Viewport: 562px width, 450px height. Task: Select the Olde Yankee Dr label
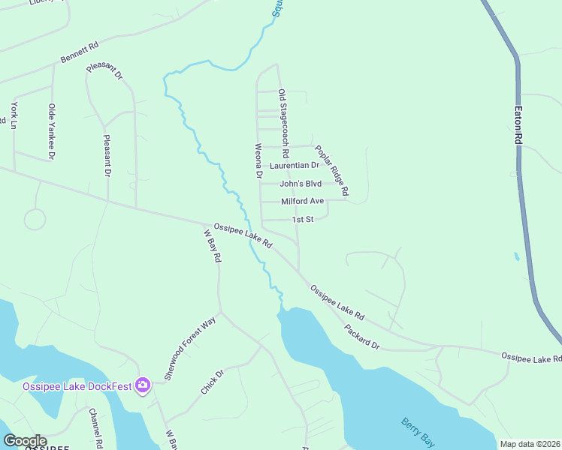click(52, 131)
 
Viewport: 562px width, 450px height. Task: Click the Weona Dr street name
click(258, 160)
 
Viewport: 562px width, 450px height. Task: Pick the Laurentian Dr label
click(295, 165)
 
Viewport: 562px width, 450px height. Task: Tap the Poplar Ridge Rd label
click(331, 166)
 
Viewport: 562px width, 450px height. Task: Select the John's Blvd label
click(301, 184)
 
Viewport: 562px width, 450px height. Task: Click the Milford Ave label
click(302, 202)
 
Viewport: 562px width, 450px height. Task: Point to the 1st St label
click(301, 220)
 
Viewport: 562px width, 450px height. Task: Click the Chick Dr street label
click(213, 382)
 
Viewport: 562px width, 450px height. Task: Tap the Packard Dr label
click(363, 335)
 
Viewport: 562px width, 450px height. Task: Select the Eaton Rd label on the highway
click(518, 124)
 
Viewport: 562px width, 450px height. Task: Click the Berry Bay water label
click(418, 432)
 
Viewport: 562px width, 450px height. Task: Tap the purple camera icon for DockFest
click(143, 386)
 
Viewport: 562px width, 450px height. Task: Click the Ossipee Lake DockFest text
click(77, 387)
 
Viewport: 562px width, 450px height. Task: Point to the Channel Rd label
click(95, 428)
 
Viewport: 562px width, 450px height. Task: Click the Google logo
click(25, 440)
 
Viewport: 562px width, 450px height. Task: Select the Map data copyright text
click(529, 444)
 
